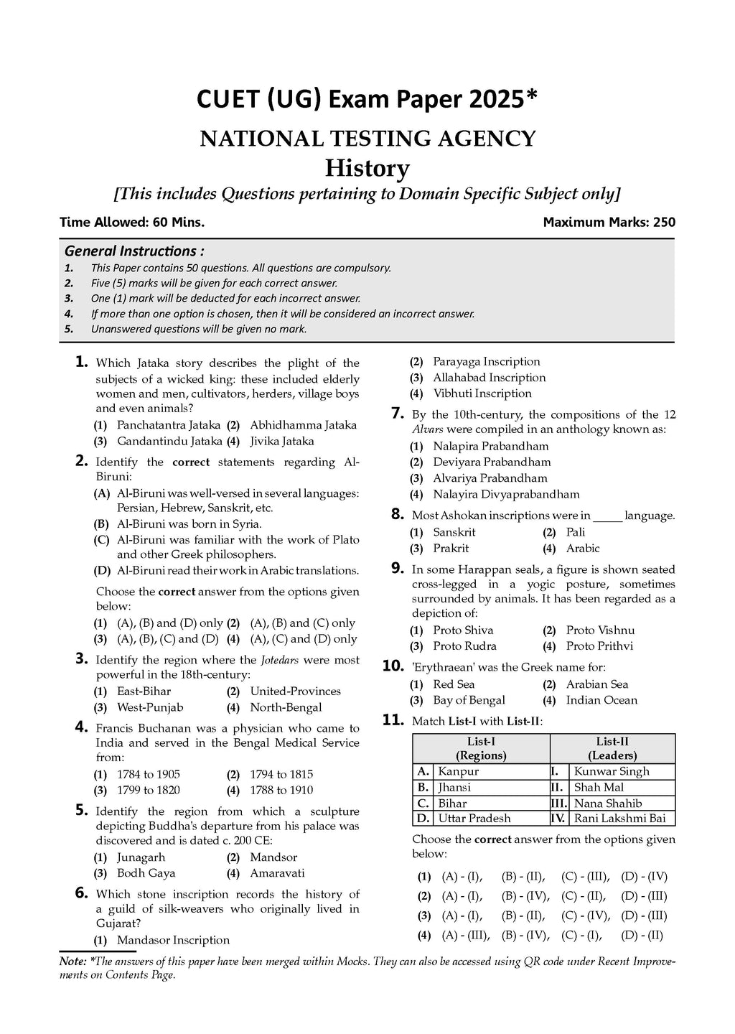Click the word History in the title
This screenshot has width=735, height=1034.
tap(367, 168)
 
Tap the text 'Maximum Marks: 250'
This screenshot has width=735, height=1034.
tap(609, 222)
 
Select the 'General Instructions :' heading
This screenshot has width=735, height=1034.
tap(134, 251)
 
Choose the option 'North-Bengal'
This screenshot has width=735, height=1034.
tap(286, 707)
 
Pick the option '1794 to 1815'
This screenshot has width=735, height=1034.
tap(281, 774)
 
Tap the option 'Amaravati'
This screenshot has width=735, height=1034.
tap(277, 873)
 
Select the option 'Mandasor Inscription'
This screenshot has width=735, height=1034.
tap(173, 940)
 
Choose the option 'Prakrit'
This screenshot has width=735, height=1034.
tap(451, 548)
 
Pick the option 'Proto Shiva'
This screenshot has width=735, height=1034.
tap(463, 630)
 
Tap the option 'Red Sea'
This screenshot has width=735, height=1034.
tap(454, 684)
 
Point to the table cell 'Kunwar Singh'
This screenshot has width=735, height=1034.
tap(612, 771)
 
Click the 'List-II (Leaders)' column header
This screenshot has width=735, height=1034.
tap(612, 748)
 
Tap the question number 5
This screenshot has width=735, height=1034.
tap(81, 810)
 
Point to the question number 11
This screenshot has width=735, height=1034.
tap(393, 719)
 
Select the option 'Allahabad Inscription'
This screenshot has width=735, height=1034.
tap(489, 378)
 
